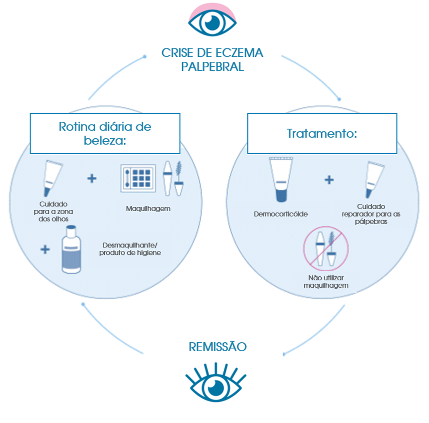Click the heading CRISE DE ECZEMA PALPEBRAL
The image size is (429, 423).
(x=212, y=59)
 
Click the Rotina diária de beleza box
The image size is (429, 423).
(x=105, y=133)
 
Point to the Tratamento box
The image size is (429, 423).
(x=322, y=133)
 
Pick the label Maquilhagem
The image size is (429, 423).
(x=148, y=209)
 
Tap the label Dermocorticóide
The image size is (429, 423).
(x=280, y=214)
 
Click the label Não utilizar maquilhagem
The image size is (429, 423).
(x=326, y=282)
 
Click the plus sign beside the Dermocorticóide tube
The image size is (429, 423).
(x=329, y=180)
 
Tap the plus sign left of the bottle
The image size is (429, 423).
(x=45, y=249)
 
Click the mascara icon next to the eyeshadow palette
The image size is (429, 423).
(x=173, y=178)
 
